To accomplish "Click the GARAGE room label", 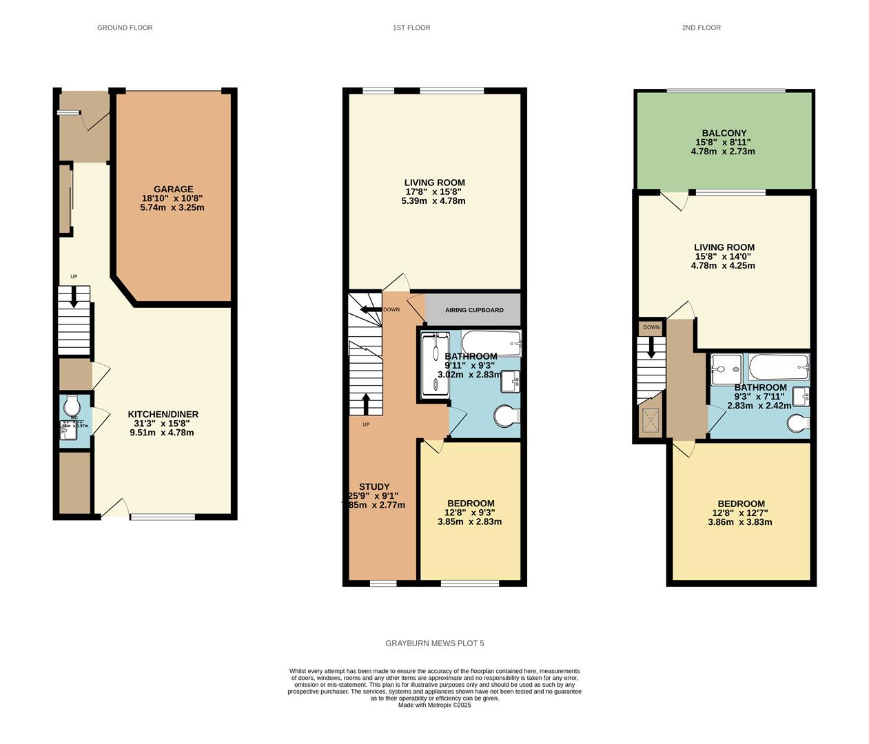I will click(172, 189).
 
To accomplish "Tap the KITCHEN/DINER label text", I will click(163, 414).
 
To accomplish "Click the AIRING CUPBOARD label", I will click(473, 310).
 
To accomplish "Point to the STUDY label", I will click(374, 486).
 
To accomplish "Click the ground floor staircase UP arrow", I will click(74, 296).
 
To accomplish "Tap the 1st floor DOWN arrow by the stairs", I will click(372, 309).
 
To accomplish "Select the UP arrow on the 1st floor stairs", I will click(366, 403).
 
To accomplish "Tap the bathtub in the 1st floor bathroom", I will click(491, 342).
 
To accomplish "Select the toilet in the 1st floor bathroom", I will click(507, 416).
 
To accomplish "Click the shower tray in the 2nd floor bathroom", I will click(726, 369).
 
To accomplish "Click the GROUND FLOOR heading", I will click(125, 28).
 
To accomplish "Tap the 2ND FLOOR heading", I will click(701, 28).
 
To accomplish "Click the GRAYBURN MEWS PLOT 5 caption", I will click(434, 643).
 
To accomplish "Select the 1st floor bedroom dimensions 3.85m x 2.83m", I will click(469, 521).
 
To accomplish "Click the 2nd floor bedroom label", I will click(741, 504).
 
